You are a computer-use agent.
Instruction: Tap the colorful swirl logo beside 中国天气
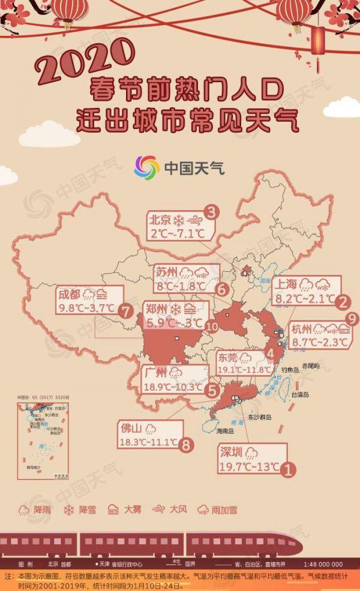[146, 167]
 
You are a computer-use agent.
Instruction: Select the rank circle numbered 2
[343, 302]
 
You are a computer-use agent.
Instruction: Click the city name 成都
[70, 295]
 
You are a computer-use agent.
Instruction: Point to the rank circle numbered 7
[125, 311]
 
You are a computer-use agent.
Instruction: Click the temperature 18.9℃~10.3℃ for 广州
[173, 387]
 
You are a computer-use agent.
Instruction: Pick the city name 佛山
[131, 430]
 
